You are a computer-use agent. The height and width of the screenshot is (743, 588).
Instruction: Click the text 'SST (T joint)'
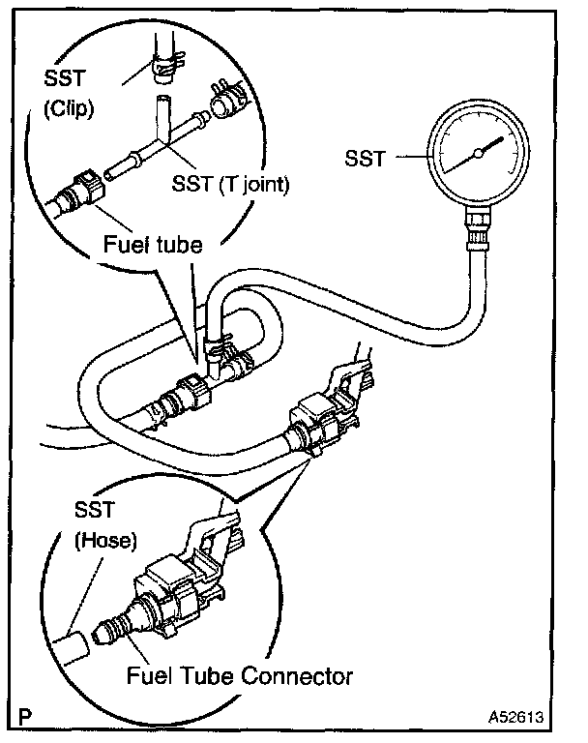click(230, 182)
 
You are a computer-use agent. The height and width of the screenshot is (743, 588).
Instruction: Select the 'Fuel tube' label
click(153, 245)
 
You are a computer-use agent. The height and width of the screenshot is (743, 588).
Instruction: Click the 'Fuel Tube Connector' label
click(240, 675)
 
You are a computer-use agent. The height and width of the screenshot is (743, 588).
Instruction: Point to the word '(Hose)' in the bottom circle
click(101, 544)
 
